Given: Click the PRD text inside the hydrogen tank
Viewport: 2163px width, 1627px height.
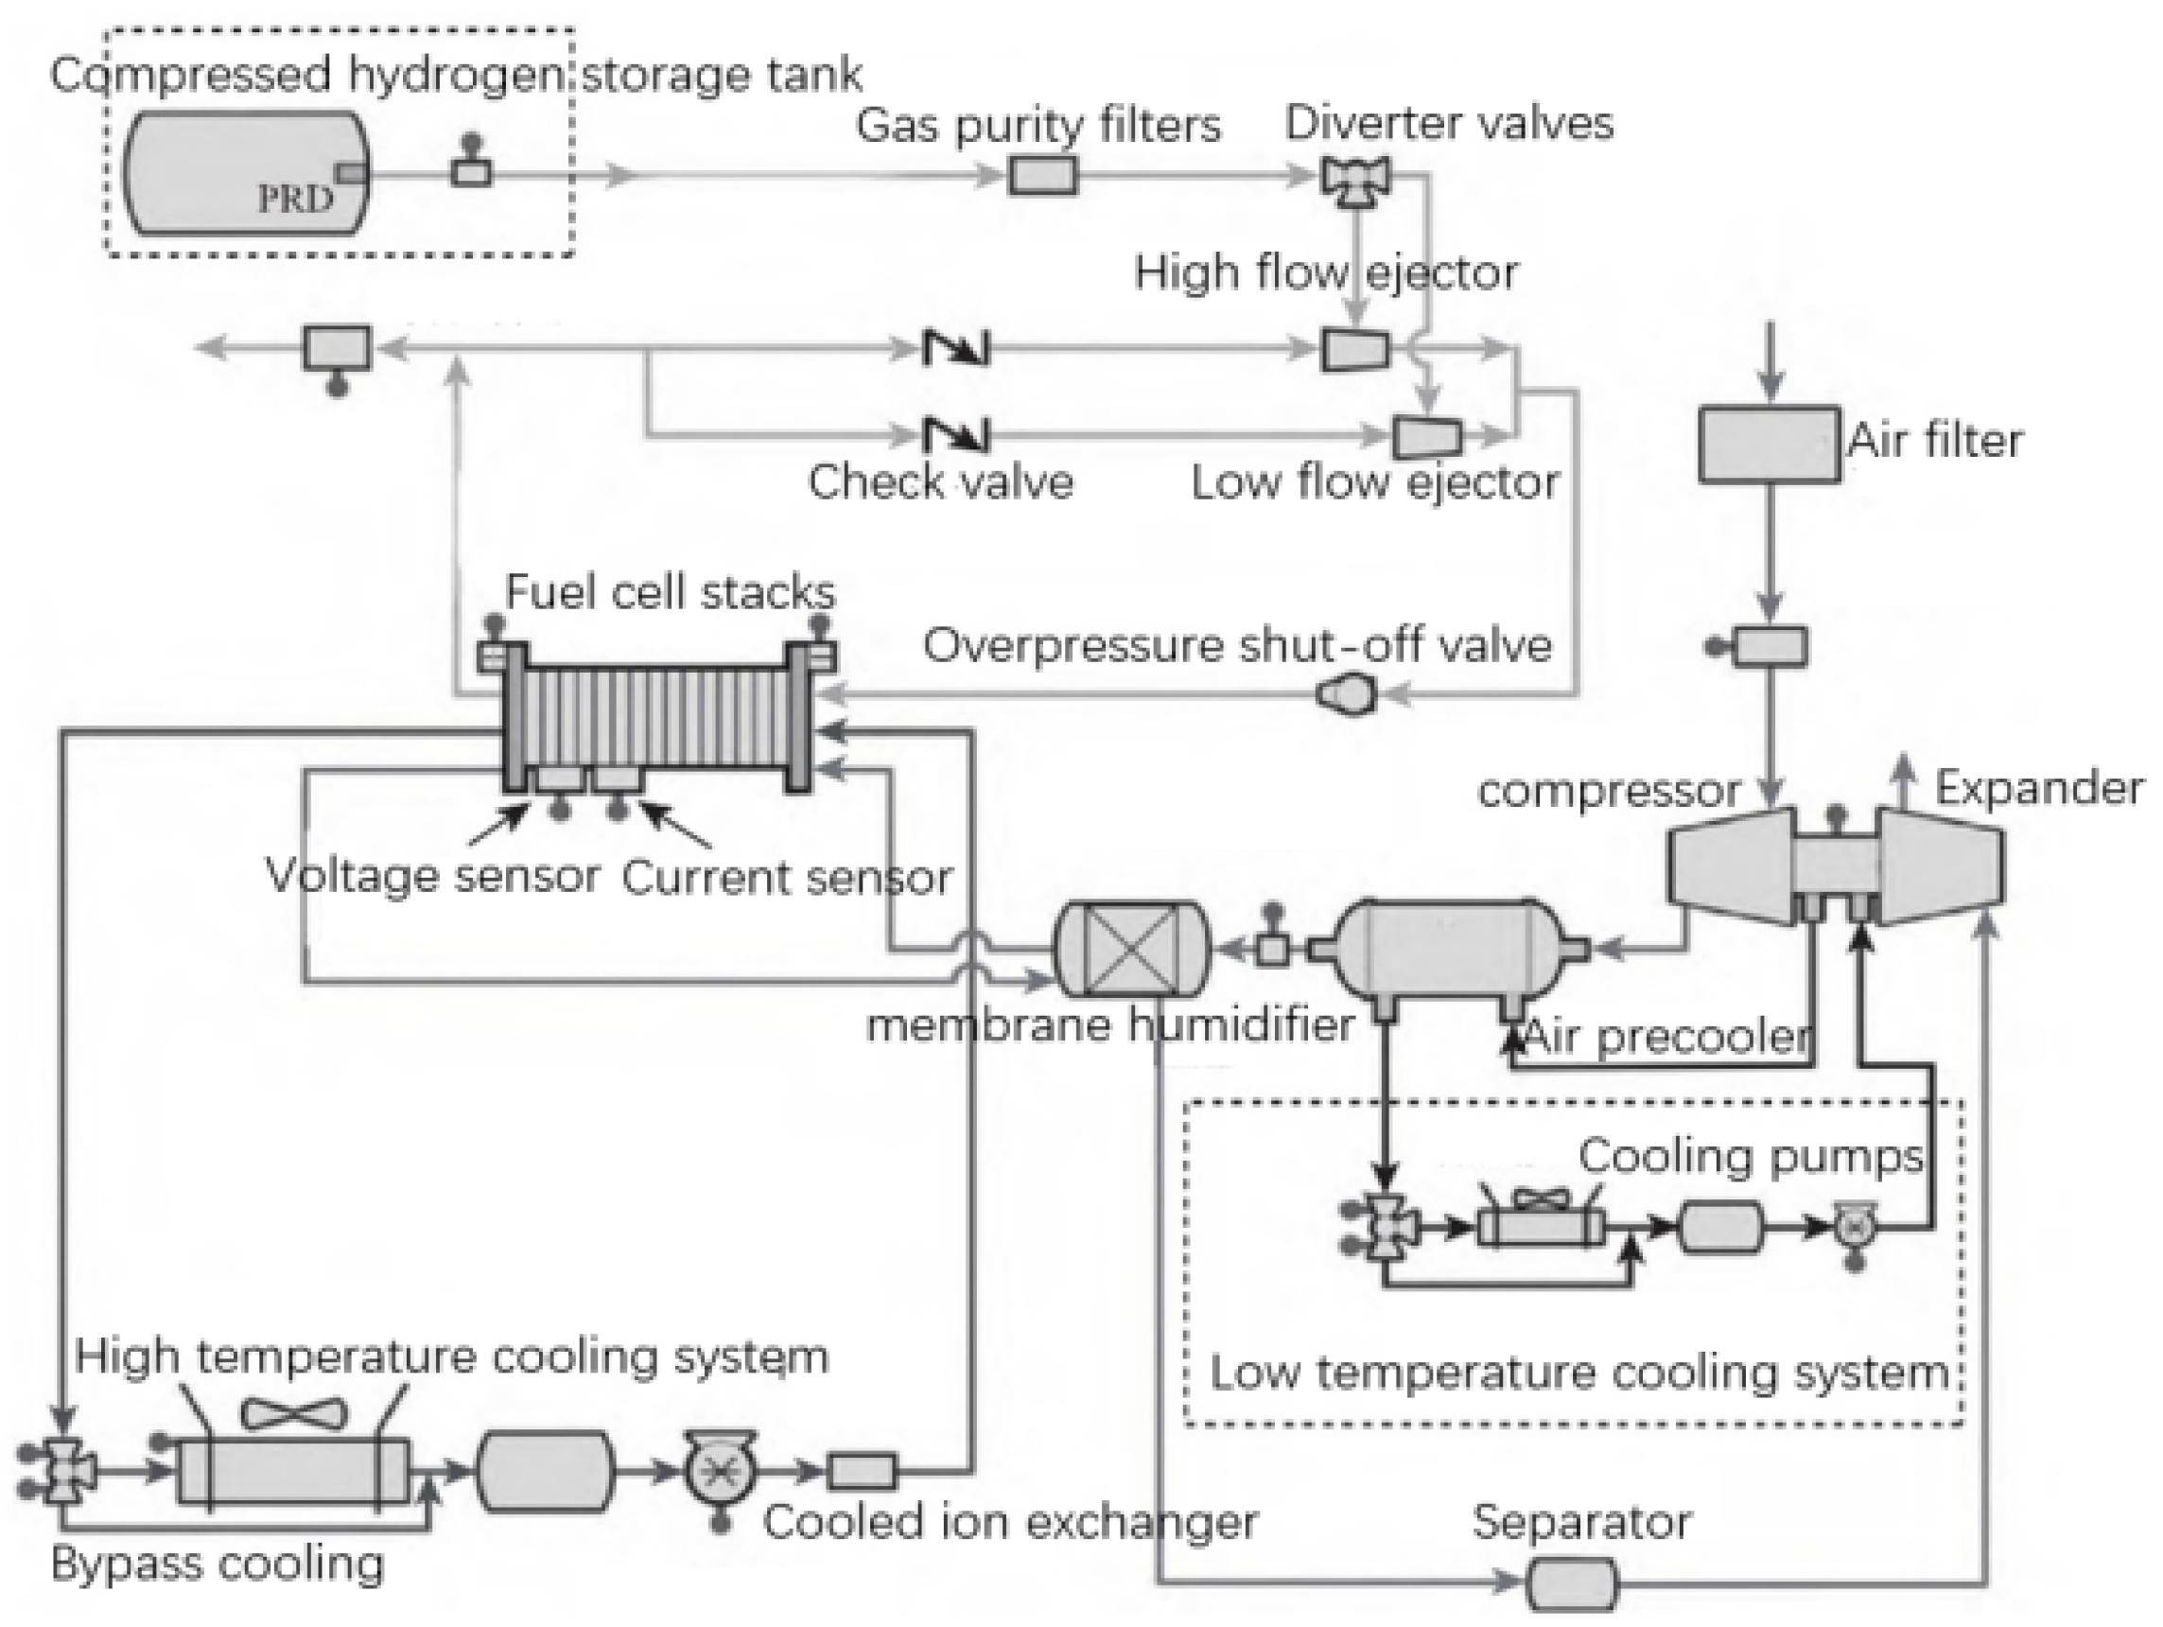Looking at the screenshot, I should click(x=294, y=200).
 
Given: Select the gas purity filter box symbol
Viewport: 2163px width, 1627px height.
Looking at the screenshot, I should click(x=1042, y=176).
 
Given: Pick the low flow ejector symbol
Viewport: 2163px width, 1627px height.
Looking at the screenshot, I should click(x=1426, y=437).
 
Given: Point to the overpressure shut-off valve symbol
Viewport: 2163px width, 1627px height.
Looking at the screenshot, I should click(x=1347, y=695).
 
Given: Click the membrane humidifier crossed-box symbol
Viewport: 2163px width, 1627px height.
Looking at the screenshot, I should click(x=1131, y=949).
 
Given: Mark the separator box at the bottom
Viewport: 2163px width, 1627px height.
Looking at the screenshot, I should click(x=1571, y=1583).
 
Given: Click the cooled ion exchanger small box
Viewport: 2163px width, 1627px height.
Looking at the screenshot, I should click(x=862, y=1471).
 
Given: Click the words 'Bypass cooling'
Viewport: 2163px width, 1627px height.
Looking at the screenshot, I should click(x=218, y=1564).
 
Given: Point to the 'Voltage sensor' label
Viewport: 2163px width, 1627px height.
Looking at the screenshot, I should click(x=432, y=875).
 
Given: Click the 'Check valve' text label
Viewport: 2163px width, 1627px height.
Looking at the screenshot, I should click(x=940, y=482).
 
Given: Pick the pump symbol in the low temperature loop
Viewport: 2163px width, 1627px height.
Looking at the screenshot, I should click(x=1851, y=1228).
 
